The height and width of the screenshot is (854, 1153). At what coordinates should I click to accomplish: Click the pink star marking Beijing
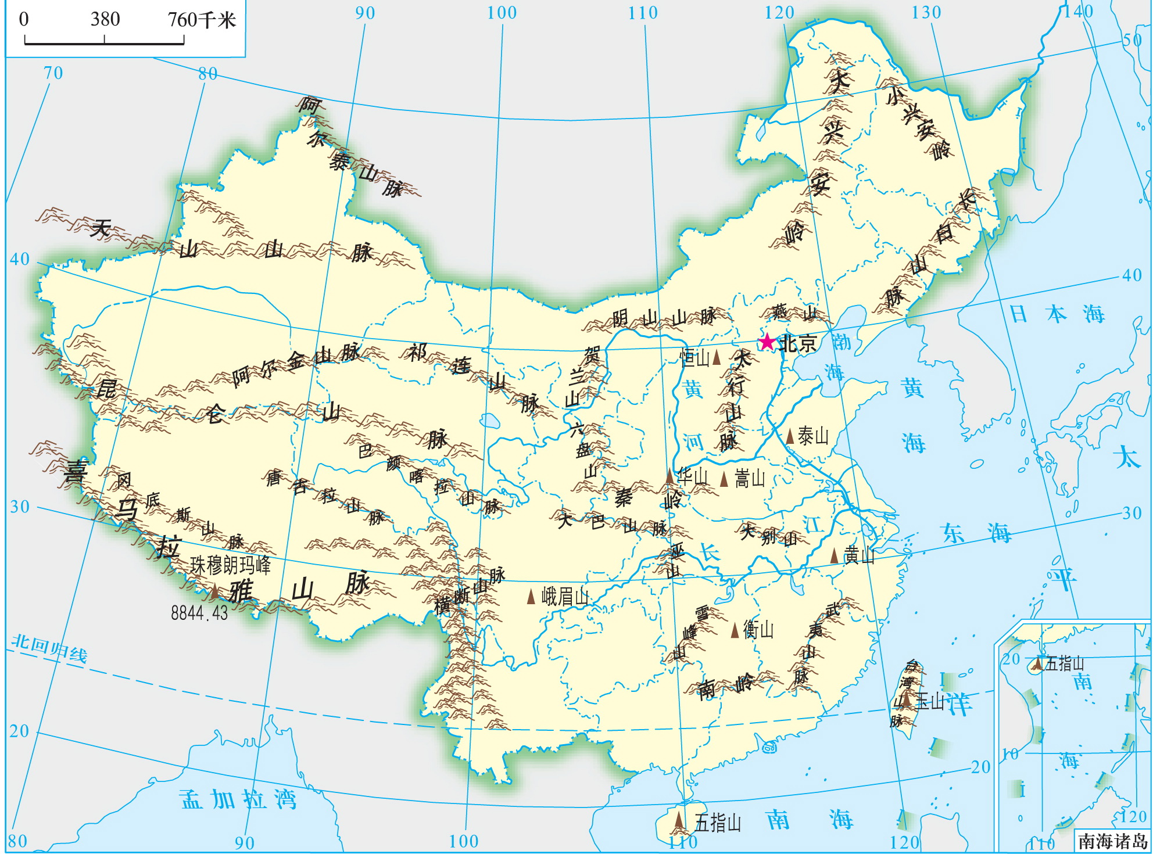pos(768,342)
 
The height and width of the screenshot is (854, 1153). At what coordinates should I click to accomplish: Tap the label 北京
pos(798,343)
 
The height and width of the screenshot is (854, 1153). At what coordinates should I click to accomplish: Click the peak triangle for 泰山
pos(790,436)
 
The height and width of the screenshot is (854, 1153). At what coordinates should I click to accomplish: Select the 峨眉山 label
pos(565,596)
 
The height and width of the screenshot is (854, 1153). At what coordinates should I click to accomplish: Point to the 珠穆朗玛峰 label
pos(230,565)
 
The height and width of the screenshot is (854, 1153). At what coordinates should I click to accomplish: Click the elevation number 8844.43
pos(199,612)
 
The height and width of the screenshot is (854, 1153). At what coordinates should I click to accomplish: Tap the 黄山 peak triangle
pos(835,556)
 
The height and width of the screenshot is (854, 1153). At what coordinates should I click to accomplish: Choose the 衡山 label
pos(758,629)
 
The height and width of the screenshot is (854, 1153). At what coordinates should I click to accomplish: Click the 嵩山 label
pos(750,479)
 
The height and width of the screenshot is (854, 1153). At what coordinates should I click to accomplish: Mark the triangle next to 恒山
pos(717,357)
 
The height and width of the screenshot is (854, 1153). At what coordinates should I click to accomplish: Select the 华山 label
pos(693,477)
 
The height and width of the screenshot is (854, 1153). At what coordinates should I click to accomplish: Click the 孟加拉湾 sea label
pos(238,799)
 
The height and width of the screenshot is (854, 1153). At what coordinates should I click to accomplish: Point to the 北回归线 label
pos(49,648)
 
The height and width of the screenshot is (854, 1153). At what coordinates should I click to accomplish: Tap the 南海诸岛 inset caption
pos(1112,841)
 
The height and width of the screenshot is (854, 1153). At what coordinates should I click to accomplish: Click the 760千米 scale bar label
pos(202,20)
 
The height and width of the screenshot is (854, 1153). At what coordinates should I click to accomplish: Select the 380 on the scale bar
pos(105,19)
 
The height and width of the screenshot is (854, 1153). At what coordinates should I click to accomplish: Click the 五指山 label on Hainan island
pos(718,823)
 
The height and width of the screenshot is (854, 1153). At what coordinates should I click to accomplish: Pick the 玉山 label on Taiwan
pos(930,702)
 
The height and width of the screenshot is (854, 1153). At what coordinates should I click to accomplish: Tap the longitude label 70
pos(53,73)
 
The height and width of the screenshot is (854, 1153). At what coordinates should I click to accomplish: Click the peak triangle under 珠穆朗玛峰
pos(214,592)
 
